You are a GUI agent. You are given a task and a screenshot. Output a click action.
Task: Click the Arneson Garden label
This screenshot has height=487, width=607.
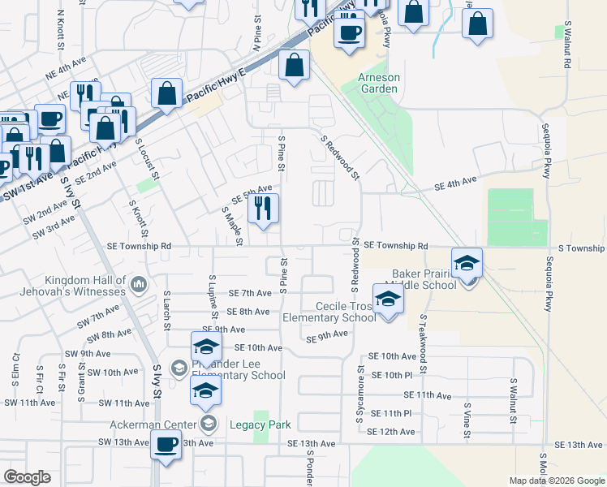click(x=379, y=84)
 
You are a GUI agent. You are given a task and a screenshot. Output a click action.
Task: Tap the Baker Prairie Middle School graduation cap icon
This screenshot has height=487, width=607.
click(x=467, y=264)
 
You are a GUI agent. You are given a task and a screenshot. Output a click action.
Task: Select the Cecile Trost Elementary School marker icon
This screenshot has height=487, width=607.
click(x=388, y=300)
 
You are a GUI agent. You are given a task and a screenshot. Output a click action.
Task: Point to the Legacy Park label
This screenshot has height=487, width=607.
click(x=260, y=424)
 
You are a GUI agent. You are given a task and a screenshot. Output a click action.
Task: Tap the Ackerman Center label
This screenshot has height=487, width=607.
click(x=153, y=424)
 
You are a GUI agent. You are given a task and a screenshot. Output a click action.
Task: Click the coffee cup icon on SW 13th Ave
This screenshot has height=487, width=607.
click(x=166, y=445)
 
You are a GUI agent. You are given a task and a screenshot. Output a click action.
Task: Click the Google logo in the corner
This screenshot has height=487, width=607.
click(x=27, y=477)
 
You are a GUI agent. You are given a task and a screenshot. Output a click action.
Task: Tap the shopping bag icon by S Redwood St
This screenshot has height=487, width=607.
click(x=294, y=65)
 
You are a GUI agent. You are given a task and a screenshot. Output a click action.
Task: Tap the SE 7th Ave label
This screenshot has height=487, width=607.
click(x=249, y=293)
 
